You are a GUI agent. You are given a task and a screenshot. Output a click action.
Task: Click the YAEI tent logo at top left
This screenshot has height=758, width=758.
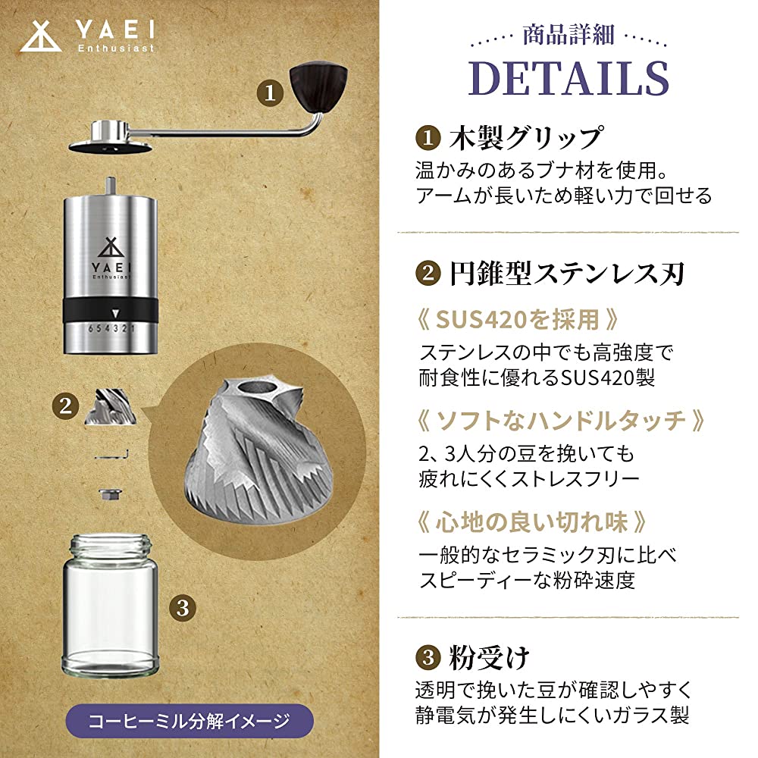click(41, 36)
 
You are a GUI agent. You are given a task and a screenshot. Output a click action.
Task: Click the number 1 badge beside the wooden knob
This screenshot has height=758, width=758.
click(270, 92)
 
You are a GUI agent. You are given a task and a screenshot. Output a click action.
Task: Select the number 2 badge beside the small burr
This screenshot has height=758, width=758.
click(65, 406)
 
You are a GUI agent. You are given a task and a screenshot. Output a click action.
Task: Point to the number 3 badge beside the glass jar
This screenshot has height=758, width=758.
click(182, 608)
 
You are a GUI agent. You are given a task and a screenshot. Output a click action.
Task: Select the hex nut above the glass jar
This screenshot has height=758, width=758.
click(110, 494)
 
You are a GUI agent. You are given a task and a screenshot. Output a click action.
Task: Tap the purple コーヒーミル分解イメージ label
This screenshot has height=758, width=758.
click(189, 721)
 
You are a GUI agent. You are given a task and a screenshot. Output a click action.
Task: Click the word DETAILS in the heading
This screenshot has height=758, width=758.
click(568, 78)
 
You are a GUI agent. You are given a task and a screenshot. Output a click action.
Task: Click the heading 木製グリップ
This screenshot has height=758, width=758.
click(526, 138)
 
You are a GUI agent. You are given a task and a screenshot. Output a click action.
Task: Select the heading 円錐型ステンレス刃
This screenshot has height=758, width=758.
click(566, 274)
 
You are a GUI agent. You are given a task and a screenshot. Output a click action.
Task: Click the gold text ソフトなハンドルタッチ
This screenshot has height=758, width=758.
click(561, 421)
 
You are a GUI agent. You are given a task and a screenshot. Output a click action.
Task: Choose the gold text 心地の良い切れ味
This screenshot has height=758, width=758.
click(531, 522)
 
